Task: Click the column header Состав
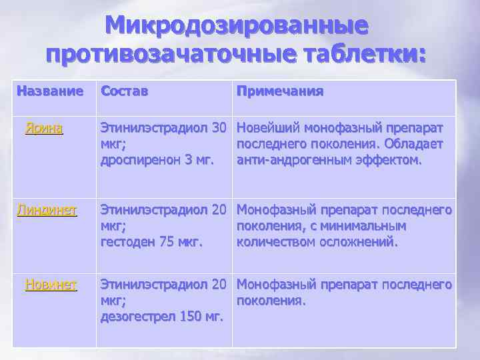coord(124,91)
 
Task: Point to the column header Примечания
coord(280,91)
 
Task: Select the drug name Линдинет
coord(47,211)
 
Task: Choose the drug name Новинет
coord(51,285)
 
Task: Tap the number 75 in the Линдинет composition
coord(168,242)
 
